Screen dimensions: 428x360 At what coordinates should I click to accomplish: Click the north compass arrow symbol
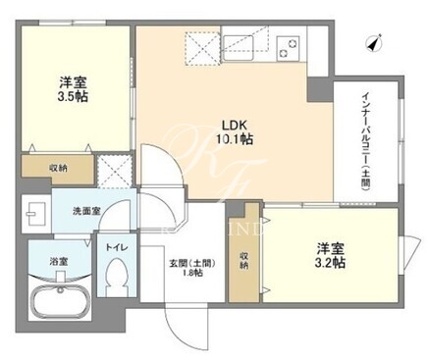click(x=374, y=43)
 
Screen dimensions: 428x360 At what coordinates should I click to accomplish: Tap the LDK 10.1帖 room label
click(x=234, y=132)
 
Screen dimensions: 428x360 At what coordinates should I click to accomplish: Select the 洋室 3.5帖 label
click(x=74, y=89)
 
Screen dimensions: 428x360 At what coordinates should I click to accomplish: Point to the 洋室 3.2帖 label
click(x=330, y=255)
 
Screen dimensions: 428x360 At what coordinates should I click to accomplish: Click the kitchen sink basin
click(x=238, y=47)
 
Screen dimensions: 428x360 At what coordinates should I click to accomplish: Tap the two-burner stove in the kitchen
click(x=289, y=48)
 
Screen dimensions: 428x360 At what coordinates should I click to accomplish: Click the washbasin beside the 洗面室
click(x=35, y=214)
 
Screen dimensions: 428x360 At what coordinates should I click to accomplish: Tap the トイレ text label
click(x=116, y=247)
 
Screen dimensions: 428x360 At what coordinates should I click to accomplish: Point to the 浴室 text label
click(x=59, y=262)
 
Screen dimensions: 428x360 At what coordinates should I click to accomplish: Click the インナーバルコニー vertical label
click(x=365, y=142)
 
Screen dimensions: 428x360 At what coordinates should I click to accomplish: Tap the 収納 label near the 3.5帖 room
click(x=59, y=168)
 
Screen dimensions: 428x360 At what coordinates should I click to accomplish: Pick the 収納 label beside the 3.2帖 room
click(x=243, y=260)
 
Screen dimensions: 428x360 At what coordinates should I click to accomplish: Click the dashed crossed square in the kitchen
click(x=201, y=48)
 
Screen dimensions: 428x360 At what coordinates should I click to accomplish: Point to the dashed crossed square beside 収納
click(x=115, y=172)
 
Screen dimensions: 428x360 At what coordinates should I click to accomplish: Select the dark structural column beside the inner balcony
click(x=320, y=88)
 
